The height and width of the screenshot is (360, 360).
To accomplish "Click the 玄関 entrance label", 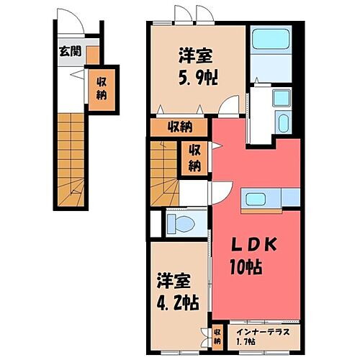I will (70, 51).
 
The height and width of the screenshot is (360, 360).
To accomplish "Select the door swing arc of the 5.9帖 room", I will (228, 105).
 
